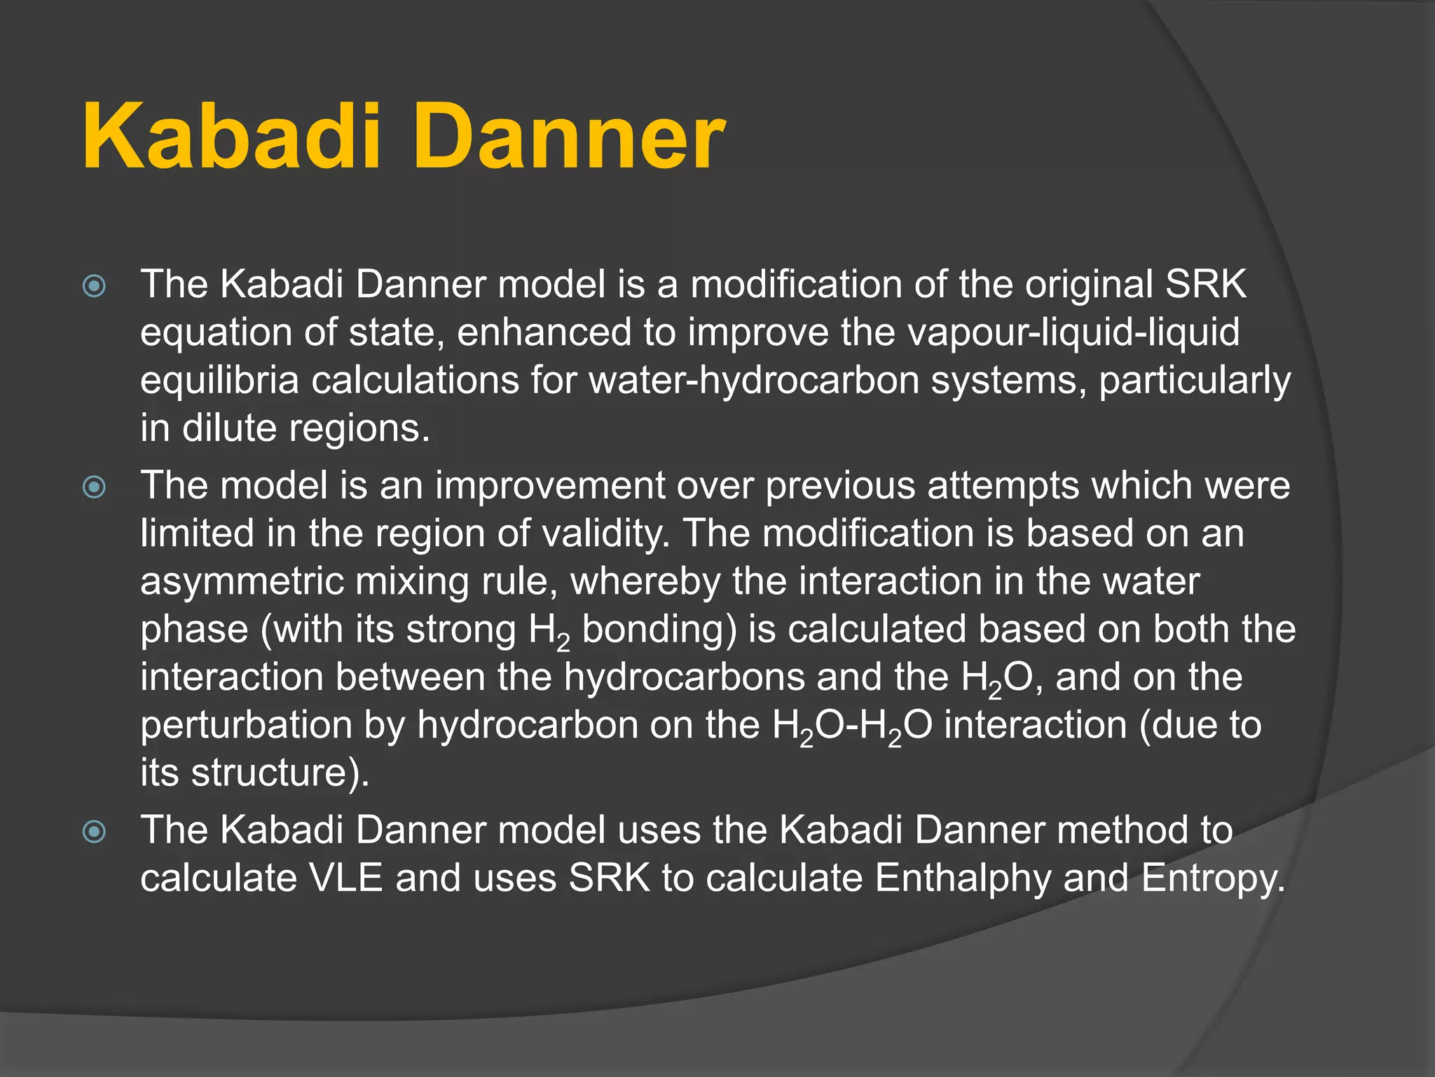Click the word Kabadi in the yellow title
pos(232,137)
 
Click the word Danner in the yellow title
pos(570,137)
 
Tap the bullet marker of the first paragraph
pos(94,286)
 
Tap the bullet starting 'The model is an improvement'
pos(94,487)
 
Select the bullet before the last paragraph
pos(94,832)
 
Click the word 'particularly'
pos(1194,380)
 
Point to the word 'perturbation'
pos(246,725)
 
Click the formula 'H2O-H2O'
pos(852,725)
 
